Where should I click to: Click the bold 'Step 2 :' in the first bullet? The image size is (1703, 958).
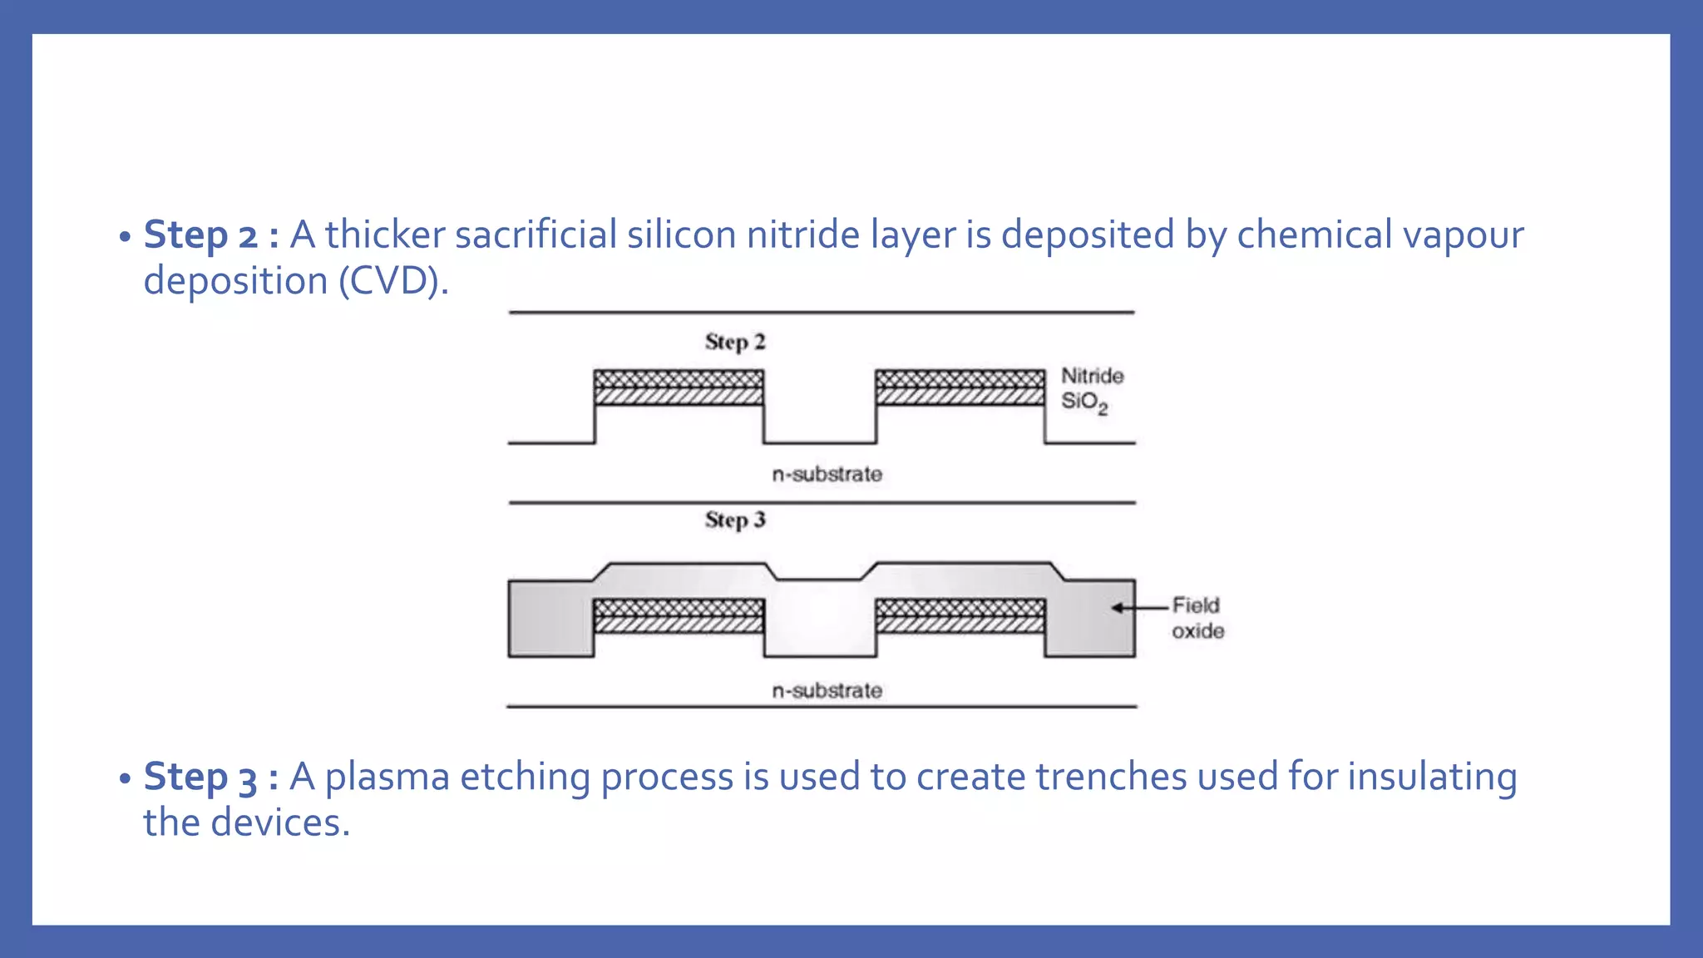point(211,235)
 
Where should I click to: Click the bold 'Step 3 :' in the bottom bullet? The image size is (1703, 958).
point(211,778)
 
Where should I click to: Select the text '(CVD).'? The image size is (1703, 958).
point(393,281)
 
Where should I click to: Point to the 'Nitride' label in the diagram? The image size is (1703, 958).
point(1092,376)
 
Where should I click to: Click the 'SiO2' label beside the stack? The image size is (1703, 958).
point(1084,402)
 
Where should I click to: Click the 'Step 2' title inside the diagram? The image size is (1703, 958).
point(735,342)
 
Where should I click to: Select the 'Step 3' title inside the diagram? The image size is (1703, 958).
point(735,520)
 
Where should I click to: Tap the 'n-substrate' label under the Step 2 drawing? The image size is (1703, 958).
point(827,474)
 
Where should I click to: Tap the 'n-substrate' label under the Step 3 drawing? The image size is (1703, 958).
point(827,690)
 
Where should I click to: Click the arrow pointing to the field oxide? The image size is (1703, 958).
point(1139,608)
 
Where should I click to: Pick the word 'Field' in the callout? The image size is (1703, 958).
point(1196,605)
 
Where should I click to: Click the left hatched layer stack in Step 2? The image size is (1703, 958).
point(679,388)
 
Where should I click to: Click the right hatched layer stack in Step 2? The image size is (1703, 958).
point(960,388)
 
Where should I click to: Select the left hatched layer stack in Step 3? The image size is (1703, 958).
point(679,616)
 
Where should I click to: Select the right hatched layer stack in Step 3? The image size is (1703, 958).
point(960,616)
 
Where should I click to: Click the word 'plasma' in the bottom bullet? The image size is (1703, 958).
point(387,778)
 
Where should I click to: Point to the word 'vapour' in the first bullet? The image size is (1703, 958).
point(1463,235)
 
